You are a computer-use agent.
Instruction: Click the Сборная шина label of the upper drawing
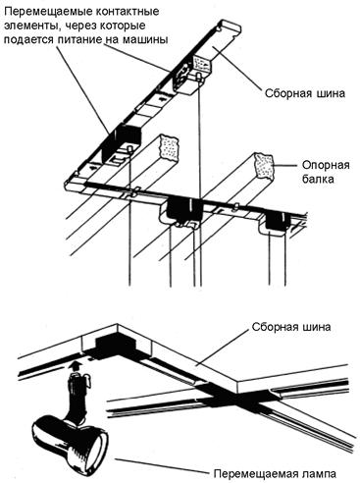[x=305, y=93]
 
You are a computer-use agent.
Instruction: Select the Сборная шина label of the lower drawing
[x=291, y=327]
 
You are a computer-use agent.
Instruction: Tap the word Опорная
[x=326, y=165]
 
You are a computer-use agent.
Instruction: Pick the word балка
[x=318, y=179]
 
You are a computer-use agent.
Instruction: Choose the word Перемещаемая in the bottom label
[x=256, y=473]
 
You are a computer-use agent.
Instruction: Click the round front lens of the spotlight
[x=97, y=446]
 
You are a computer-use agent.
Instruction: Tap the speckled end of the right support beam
[x=264, y=166]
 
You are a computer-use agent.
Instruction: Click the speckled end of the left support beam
[x=169, y=147]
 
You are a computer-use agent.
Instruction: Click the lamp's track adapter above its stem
[x=77, y=383]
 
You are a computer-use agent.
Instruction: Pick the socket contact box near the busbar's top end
[x=189, y=76]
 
